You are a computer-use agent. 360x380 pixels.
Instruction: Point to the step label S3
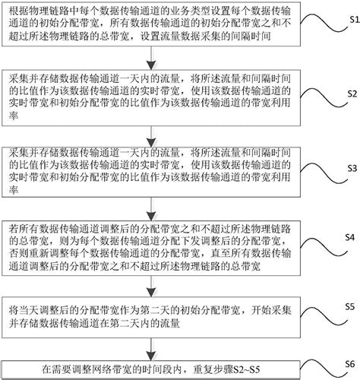(346, 186)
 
